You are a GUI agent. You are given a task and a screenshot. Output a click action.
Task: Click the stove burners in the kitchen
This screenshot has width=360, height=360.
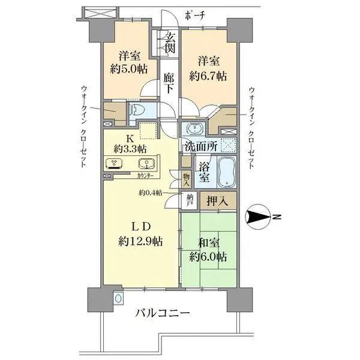point(113,163)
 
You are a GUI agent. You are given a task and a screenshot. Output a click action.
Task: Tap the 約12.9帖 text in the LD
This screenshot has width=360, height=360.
point(141,241)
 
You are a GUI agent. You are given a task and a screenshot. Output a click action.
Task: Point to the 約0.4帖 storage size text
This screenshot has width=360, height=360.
point(150,193)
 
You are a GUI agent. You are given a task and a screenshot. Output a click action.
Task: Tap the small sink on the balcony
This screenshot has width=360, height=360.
point(118,298)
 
